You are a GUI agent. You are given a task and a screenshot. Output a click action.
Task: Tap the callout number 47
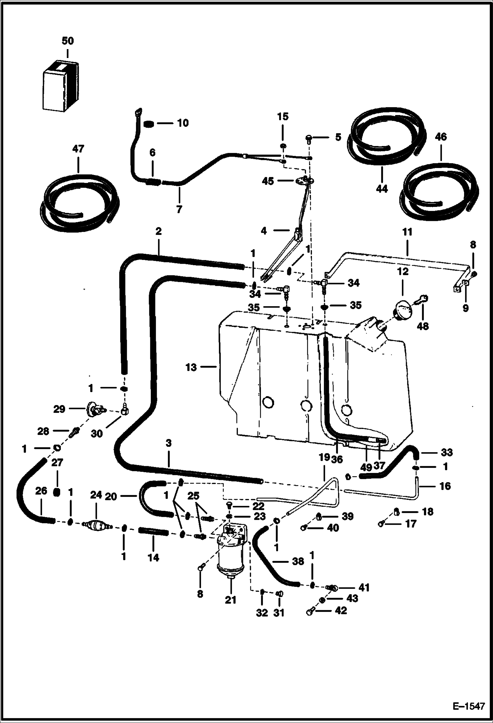point(78,149)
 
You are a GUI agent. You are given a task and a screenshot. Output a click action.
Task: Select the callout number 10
point(183,123)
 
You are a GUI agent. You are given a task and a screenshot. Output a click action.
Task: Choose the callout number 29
point(59,409)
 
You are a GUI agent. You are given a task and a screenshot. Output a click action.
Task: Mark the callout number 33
point(447,452)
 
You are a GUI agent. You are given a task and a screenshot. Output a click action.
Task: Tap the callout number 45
point(268,181)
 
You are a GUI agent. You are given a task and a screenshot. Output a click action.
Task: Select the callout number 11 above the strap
point(407,232)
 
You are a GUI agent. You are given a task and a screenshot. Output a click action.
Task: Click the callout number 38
point(298,561)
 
